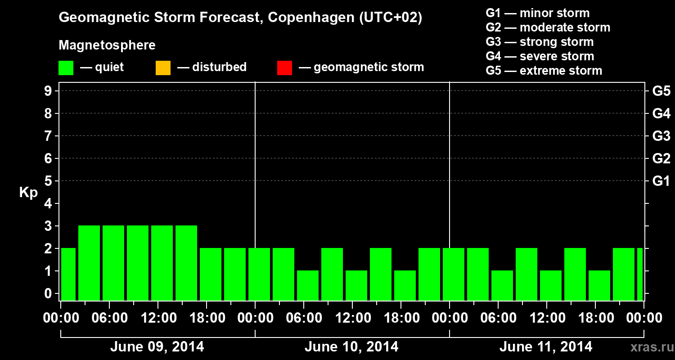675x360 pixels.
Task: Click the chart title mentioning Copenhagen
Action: click(x=240, y=18)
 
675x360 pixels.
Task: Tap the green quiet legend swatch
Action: click(x=66, y=68)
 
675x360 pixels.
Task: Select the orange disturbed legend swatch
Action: click(x=163, y=68)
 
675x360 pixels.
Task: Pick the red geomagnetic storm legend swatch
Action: click(x=284, y=68)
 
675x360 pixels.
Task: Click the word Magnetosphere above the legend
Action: click(x=107, y=45)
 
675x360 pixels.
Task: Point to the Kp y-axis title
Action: click(x=28, y=193)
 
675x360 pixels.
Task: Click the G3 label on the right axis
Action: click(x=661, y=136)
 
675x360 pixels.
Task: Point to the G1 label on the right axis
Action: click(x=661, y=181)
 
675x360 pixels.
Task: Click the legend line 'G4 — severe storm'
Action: click(x=540, y=56)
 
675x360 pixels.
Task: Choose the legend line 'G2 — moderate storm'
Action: click(x=548, y=27)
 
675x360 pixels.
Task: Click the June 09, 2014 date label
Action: click(x=157, y=347)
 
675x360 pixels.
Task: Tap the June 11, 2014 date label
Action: click(x=545, y=347)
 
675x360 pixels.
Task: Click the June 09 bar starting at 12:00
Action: click(x=162, y=263)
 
